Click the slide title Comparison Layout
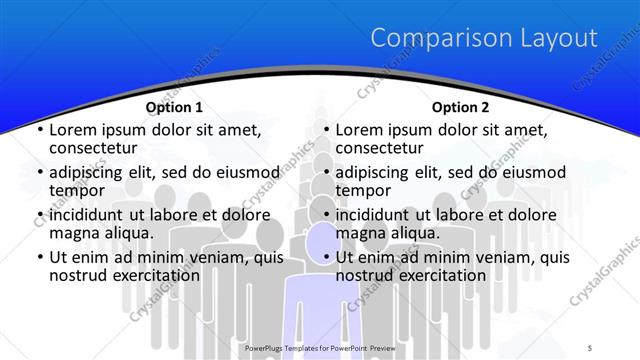[484, 39]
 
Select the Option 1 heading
[174, 107]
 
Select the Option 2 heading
[460, 107]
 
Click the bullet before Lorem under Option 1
[39, 130]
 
